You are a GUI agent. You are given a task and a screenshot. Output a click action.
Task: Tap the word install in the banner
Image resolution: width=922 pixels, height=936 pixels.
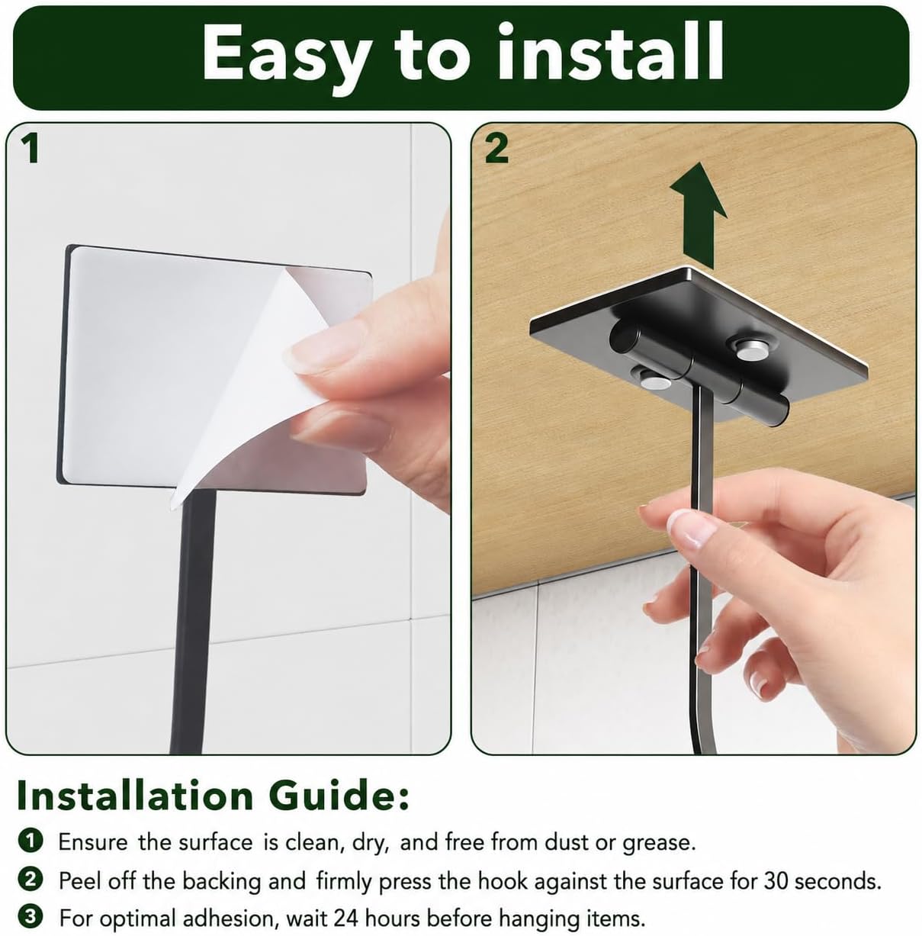[609, 52]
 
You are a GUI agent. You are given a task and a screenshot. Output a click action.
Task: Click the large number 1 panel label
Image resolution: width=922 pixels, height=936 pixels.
[31, 149]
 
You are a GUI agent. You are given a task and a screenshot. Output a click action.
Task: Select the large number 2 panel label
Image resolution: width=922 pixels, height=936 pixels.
[497, 149]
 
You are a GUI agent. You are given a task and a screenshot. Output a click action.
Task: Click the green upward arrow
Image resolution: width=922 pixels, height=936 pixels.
[698, 215]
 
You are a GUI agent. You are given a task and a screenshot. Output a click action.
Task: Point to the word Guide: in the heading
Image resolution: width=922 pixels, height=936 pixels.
[339, 796]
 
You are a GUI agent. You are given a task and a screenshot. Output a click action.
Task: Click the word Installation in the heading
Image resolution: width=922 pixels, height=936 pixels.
[135, 796]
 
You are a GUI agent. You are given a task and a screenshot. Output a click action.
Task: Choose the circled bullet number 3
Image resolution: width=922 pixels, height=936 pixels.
[31, 917]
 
